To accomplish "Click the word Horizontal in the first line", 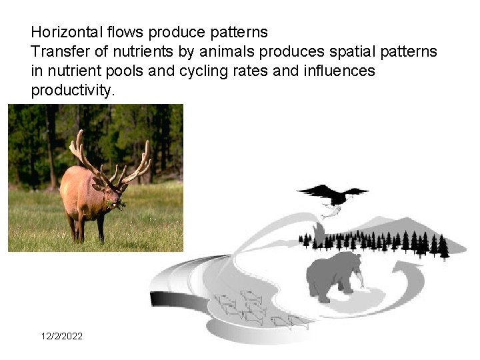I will tap(62, 32).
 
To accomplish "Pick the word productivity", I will tap(73, 90).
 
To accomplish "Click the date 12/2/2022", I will tap(62, 336).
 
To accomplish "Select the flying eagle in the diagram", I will tap(333, 194).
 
